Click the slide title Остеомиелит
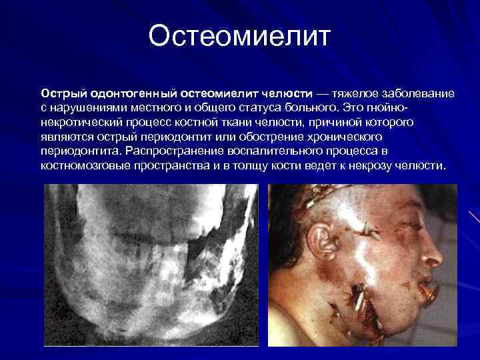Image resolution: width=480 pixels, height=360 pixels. tap(239, 37)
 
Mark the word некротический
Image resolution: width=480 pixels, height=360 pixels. tap(79, 123)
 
